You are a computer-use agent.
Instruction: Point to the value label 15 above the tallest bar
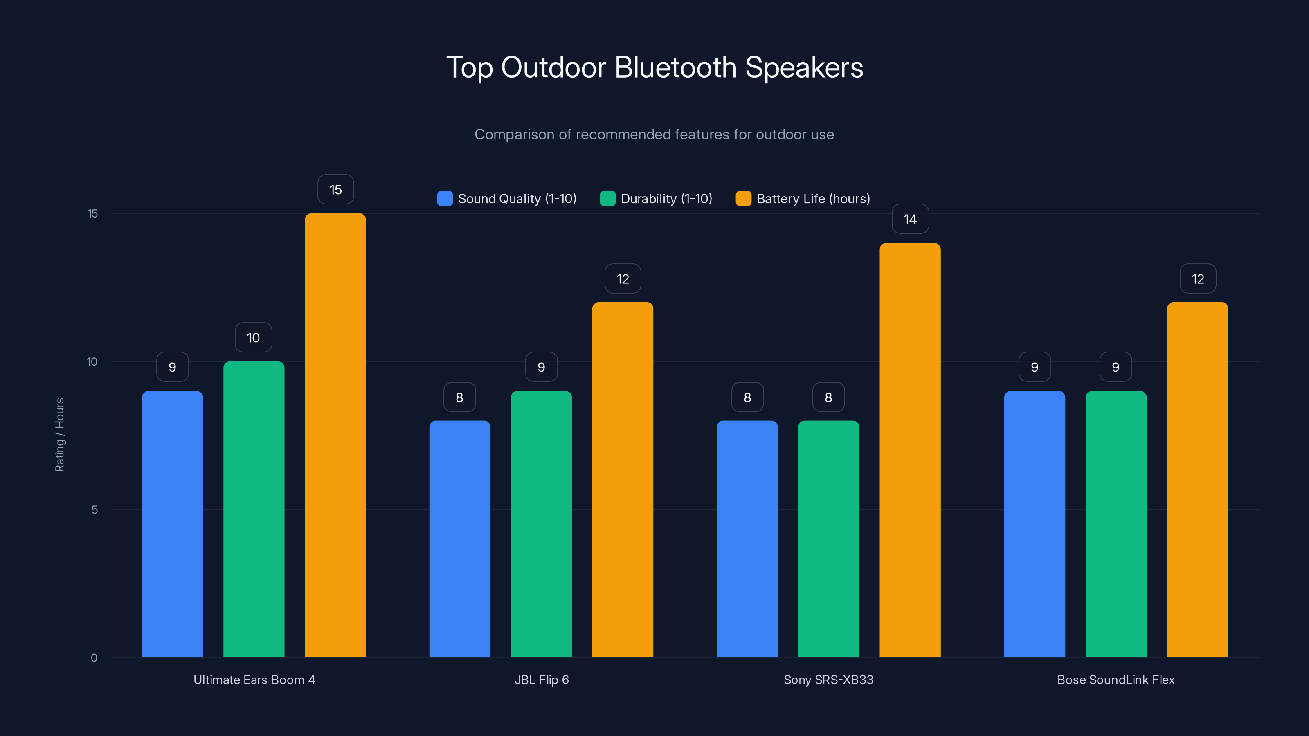click(335, 189)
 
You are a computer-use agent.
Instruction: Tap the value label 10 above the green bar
click(253, 338)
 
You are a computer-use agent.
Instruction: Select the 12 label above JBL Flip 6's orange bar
click(623, 279)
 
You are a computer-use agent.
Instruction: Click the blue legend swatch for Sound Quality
click(445, 199)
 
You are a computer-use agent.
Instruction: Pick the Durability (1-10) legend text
click(666, 199)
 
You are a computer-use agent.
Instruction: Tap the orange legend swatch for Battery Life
click(743, 199)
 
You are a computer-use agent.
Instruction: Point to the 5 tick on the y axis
click(94, 509)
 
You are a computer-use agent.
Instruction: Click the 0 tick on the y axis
click(94, 658)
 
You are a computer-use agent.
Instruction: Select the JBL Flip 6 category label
click(541, 680)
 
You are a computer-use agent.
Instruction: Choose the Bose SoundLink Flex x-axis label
click(1116, 680)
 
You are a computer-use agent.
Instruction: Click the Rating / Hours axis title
click(59, 435)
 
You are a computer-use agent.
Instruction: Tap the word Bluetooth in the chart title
click(675, 67)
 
